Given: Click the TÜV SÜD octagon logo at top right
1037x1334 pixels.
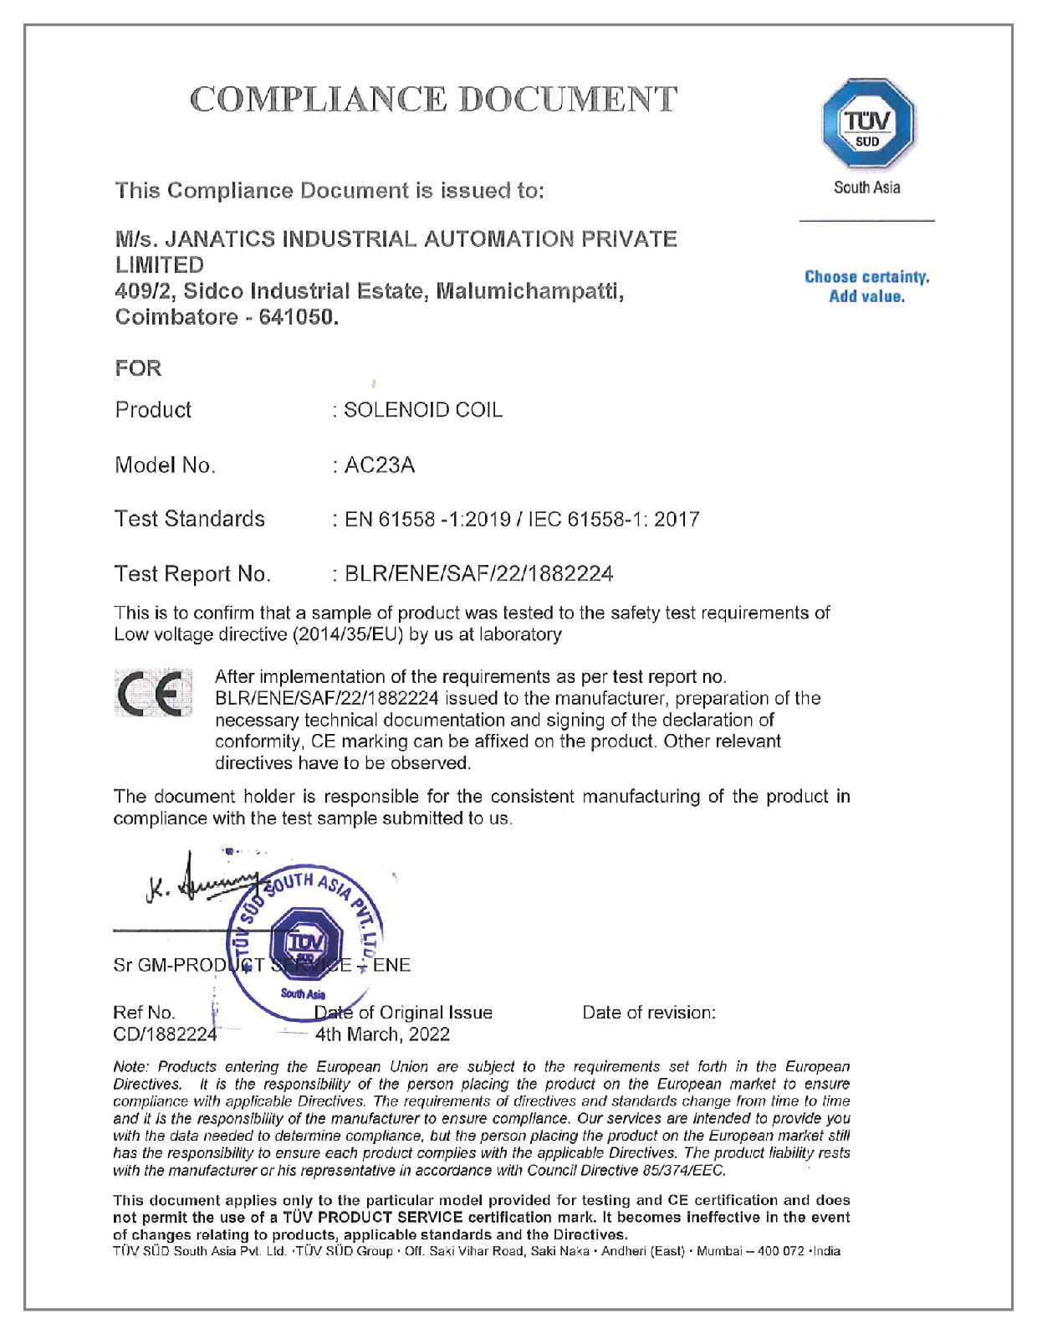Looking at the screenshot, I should pos(867,124).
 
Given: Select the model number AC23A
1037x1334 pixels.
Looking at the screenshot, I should pos(380,465).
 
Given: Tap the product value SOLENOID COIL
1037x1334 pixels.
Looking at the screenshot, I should pos(423,410).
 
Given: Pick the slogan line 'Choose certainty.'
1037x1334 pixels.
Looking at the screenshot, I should pos(866,277).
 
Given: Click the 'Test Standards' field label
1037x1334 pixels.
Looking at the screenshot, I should pos(190,519).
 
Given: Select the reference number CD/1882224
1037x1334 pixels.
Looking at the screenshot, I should pos(165,1034).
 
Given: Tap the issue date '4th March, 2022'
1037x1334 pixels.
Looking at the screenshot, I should pos(382,1034).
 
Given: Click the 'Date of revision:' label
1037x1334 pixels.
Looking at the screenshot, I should pos(649,1013).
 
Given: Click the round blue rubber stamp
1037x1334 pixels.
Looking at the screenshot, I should pos(306,941).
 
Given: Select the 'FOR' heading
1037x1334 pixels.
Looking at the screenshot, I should pos(138,368).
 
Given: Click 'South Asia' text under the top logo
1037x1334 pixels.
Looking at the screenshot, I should pos(866,187).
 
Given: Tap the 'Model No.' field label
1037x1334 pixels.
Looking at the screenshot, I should pos(165,465).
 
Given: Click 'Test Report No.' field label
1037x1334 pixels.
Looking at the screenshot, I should pos(192,574).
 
